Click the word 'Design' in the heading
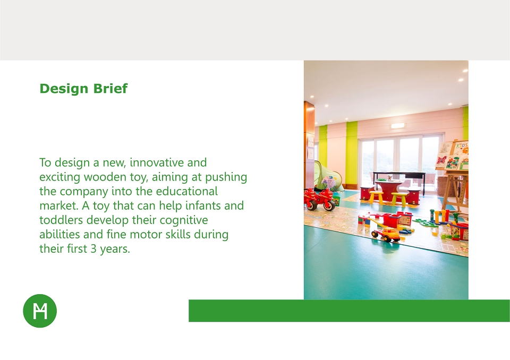(64, 89)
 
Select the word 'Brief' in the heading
(110, 89)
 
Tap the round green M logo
(40, 311)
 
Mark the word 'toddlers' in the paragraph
(61, 220)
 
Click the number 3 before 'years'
(93, 249)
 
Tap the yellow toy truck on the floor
(386, 233)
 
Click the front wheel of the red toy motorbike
(329, 205)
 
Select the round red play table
(388, 190)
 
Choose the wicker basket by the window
(446, 186)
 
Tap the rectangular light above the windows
(397, 125)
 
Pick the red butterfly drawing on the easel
(441, 161)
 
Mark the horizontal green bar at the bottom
(349, 311)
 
